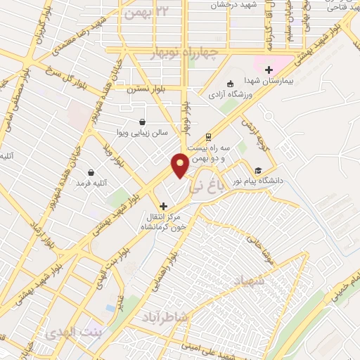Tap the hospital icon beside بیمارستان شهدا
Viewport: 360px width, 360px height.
(269, 69)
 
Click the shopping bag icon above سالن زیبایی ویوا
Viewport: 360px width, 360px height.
(143, 122)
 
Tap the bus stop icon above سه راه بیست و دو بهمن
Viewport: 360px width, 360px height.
(208, 137)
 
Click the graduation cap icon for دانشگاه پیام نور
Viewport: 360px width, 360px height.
(258, 170)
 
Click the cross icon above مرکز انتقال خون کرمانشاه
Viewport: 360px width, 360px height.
(164, 206)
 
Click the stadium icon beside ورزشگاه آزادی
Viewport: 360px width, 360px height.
(233, 82)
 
